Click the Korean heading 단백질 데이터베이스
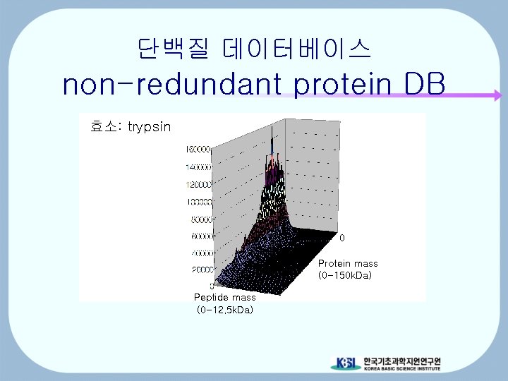tap(254, 48)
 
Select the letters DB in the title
tap(425, 85)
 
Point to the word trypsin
tap(150, 126)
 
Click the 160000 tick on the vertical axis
tap(199, 150)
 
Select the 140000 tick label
tap(199, 167)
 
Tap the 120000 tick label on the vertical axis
tap(199, 184)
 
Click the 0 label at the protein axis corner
tap(342, 238)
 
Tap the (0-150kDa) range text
tap(344, 274)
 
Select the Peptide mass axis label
tap(224, 298)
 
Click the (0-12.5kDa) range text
tap(224, 309)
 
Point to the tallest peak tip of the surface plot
tap(272, 130)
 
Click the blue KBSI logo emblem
tap(346, 363)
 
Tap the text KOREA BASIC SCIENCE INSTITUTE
tap(401, 369)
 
